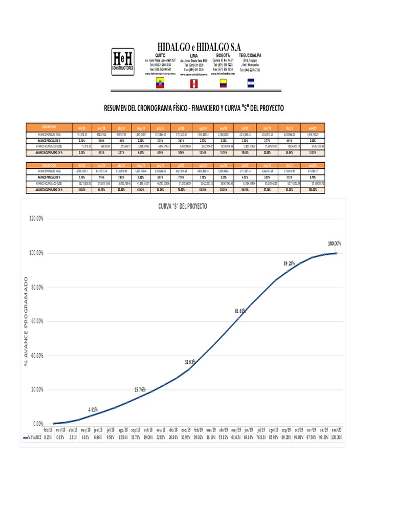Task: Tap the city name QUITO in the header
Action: (x=160, y=54)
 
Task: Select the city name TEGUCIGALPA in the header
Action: (x=250, y=54)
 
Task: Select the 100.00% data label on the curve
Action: (x=334, y=243)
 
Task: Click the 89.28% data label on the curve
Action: (x=290, y=263)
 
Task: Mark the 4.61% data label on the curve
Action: (x=93, y=409)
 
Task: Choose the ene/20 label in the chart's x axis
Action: (x=336, y=430)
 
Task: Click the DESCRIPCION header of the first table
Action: (x=49, y=126)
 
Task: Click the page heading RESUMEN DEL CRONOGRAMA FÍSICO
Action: (x=193, y=108)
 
